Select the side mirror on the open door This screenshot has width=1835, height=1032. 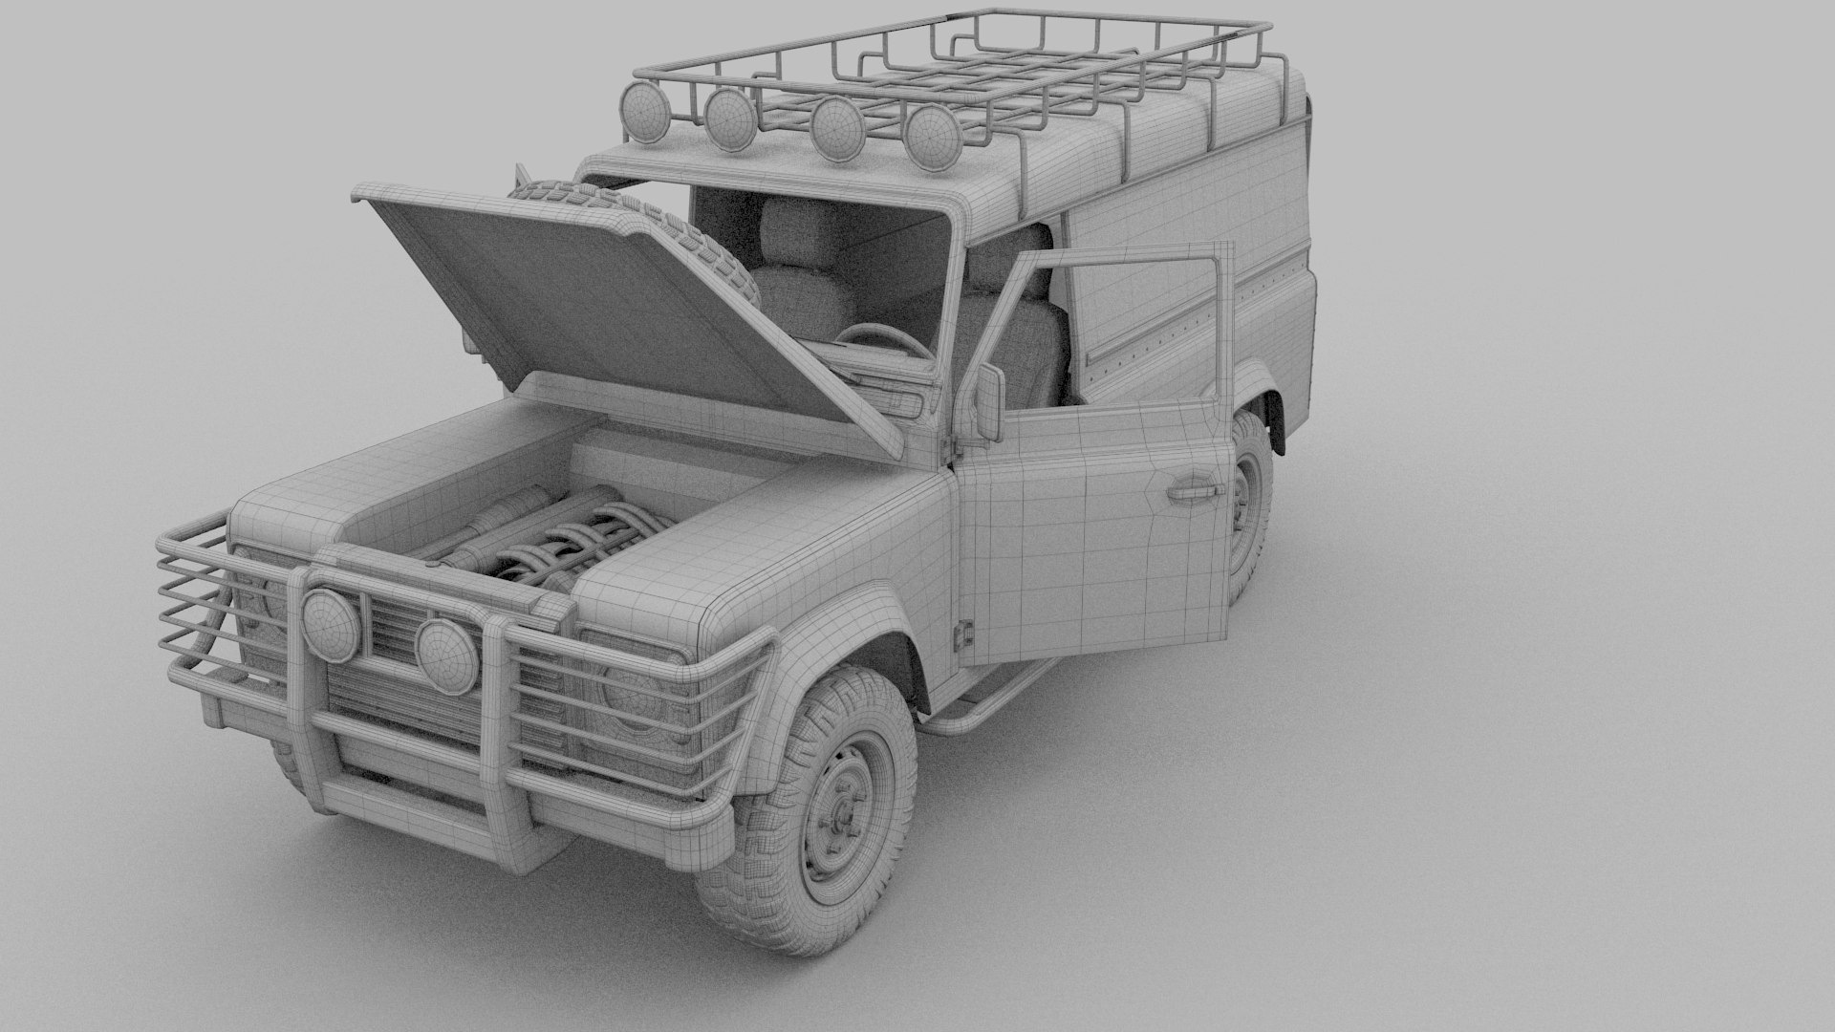989,402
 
